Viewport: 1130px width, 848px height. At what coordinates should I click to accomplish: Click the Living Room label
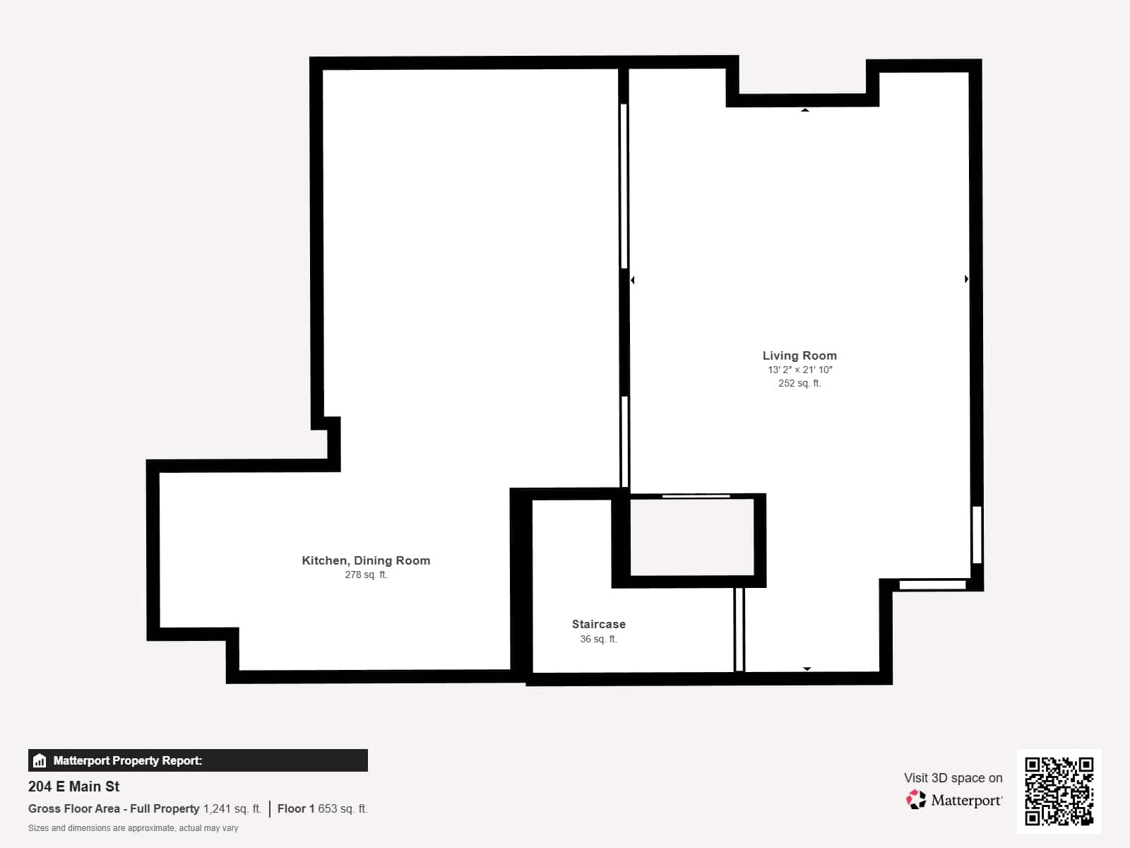coord(799,355)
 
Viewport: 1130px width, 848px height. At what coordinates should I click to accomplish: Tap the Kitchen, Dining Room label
coord(366,560)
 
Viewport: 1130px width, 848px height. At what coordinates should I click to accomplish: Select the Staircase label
coord(599,624)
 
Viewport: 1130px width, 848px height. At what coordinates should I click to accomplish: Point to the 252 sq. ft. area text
coord(799,383)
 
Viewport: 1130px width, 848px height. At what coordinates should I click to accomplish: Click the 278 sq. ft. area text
coord(366,575)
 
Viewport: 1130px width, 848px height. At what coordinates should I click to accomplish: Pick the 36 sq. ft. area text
coord(599,639)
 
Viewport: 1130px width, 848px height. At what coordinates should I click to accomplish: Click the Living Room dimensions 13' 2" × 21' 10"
coord(799,370)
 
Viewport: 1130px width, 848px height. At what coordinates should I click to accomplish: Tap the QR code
coord(1059,791)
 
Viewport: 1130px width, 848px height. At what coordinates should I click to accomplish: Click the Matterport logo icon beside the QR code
coord(916,800)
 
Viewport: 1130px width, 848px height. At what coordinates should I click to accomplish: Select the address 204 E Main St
coord(73,787)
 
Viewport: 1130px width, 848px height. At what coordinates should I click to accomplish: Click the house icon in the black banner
coord(40,760)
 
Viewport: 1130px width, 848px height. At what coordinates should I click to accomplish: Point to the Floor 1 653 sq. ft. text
coord(322,808)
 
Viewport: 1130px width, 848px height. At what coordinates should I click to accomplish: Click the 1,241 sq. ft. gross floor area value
coord(232,808)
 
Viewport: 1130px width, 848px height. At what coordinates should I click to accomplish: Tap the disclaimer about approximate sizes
coord(133,828)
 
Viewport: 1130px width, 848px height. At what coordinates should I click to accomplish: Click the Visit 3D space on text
coord(953,777)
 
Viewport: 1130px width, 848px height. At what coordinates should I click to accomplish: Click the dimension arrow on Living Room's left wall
coord(633,280)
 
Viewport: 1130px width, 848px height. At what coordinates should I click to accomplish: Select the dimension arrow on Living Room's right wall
coord(966,279)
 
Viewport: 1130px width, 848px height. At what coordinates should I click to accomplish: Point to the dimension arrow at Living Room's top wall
coord(805,110)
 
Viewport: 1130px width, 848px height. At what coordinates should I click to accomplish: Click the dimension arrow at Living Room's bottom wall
coord(807,669)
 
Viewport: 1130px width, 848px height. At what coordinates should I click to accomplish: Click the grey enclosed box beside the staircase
coord(692,537)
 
